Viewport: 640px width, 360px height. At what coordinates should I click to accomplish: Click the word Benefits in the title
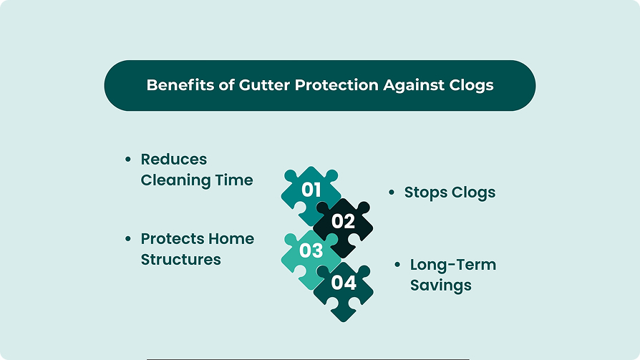[x=180, y=85]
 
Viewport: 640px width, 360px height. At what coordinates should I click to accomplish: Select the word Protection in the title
[x=336, y=85]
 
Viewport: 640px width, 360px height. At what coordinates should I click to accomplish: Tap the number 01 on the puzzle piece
[x=311, y=190]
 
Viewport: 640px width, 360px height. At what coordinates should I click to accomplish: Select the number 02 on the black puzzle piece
[x=343, y=221]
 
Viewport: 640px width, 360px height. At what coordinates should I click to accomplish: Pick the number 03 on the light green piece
[x=311, y=250]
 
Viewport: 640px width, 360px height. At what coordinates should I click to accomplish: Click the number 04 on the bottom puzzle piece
[x=344, y=283]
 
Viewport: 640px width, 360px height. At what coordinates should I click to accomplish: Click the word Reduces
[x=174, y=159]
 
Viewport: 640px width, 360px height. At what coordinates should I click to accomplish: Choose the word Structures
[x=181, y=260]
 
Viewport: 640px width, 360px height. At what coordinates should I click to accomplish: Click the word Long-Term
[x=453, y=265]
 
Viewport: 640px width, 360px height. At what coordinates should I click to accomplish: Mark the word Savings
[x=441, y=286]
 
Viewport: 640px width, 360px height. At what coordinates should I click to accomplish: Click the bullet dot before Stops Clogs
[x=392, y=193]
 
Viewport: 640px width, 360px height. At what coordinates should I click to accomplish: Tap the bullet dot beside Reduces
[x=128, y=159]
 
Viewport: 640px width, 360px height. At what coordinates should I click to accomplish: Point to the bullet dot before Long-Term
[x=397, y=265]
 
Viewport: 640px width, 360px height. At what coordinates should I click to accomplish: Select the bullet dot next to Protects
[x=128, y=239]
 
